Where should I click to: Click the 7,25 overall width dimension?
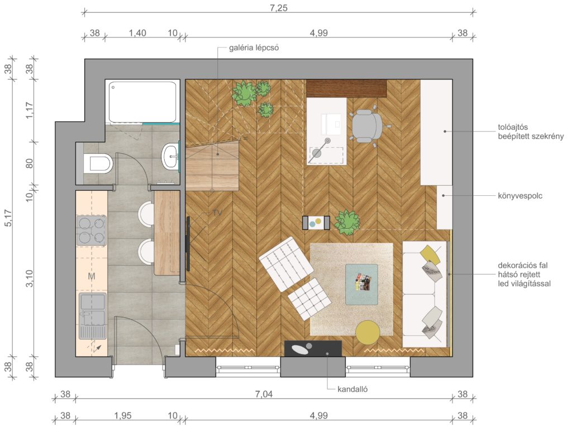click(x=279, y=8)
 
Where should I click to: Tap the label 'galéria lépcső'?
click(x=254, y=48)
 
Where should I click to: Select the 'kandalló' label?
click(x=352, y=389)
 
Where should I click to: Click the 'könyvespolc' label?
click(x=520, y=196)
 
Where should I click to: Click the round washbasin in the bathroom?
click(x=170, y=157)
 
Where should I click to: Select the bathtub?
click(x=142, y=102)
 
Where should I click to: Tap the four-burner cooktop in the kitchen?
click(x=91, y=231)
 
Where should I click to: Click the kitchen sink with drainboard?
click(x=93, y=316)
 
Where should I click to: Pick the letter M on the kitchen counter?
click(x=92, y=276)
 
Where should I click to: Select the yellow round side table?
click(x=368, y=332)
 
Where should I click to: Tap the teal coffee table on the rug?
click(x=361, y=284)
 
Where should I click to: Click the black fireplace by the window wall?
click(x=313, y=349)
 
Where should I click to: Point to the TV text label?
click(x=217, y=213)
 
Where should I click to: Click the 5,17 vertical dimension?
click(x=8, y=218)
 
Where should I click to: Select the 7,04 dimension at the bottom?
click(x=264, y=394)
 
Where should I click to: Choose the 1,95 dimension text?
click(x=122, y=416)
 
